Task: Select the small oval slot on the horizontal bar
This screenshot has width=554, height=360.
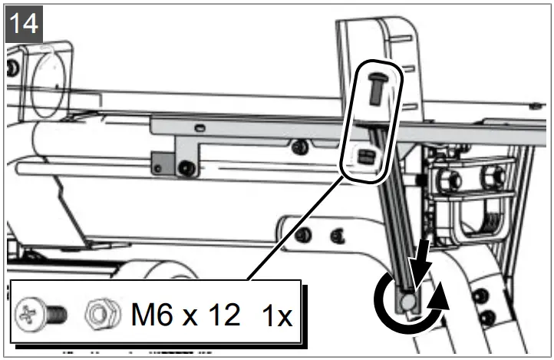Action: point(199,126)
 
